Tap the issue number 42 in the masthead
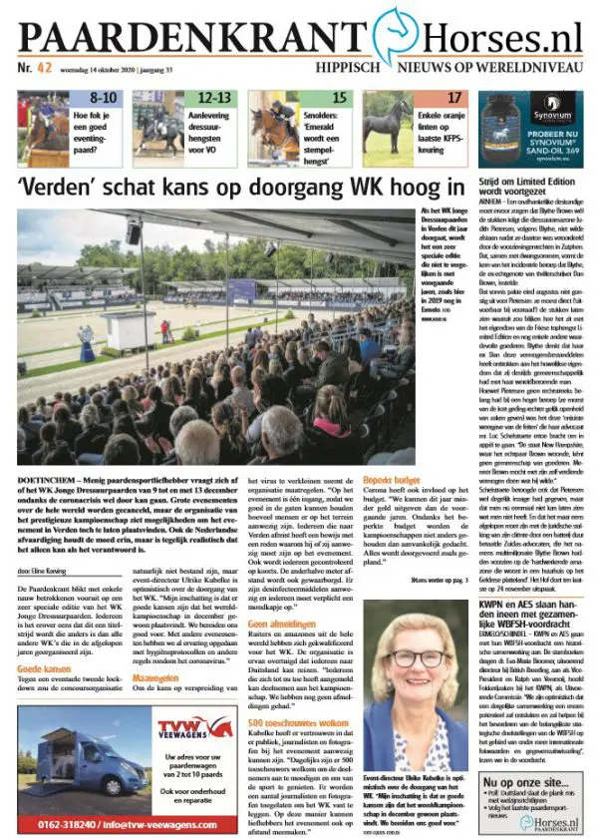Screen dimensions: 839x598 45,69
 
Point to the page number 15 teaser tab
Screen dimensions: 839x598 339,98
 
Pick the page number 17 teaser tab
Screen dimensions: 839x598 454,98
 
